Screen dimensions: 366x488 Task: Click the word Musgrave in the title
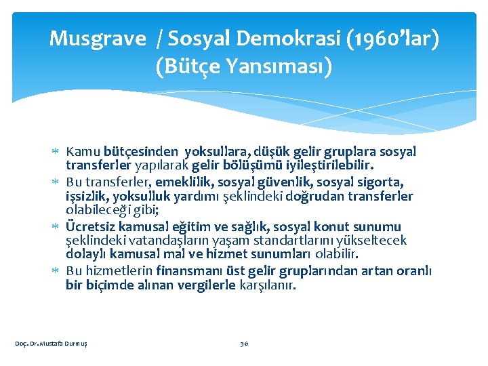tap(97, 39)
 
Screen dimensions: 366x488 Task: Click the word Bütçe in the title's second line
tap(188, 67)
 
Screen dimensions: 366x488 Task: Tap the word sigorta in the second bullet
tap(381, 182)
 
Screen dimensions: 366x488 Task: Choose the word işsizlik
tap(88, 196)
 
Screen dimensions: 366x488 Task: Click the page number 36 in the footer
tap(244, 344)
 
